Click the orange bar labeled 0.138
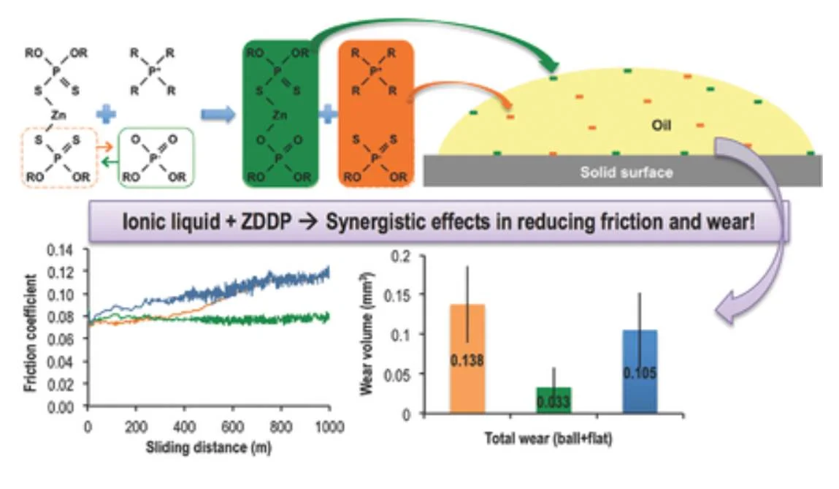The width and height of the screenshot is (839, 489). (x=467, y=358)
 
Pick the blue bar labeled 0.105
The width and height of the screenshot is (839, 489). (x=640, y=372)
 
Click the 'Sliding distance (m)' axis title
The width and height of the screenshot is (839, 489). (x=208, y=447)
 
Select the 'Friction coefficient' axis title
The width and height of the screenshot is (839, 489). (x=31, y=333)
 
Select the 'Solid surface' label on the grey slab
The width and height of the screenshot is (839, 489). (x=627, y=173)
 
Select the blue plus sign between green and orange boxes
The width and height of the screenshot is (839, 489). (x=329, y=115)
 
